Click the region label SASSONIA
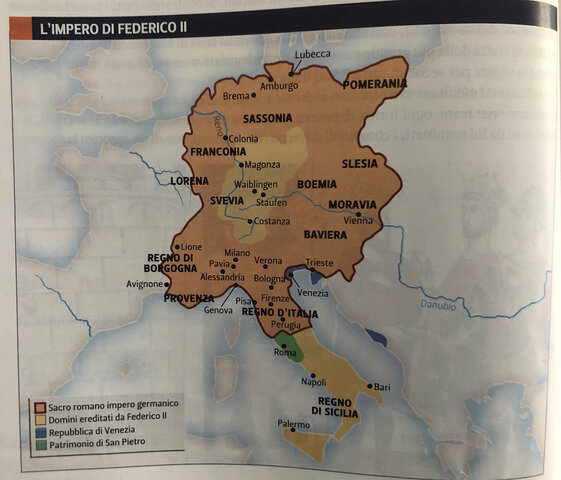click(267, 118)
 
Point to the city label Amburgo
click(280, 86)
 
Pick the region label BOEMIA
click(319, 185)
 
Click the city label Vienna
click(357, 219)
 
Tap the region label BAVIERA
click(326, 235)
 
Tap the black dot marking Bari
click(370, 387)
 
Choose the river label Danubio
click(437, 306)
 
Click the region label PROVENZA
click(190, 298)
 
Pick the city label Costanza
click(272, 221)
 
